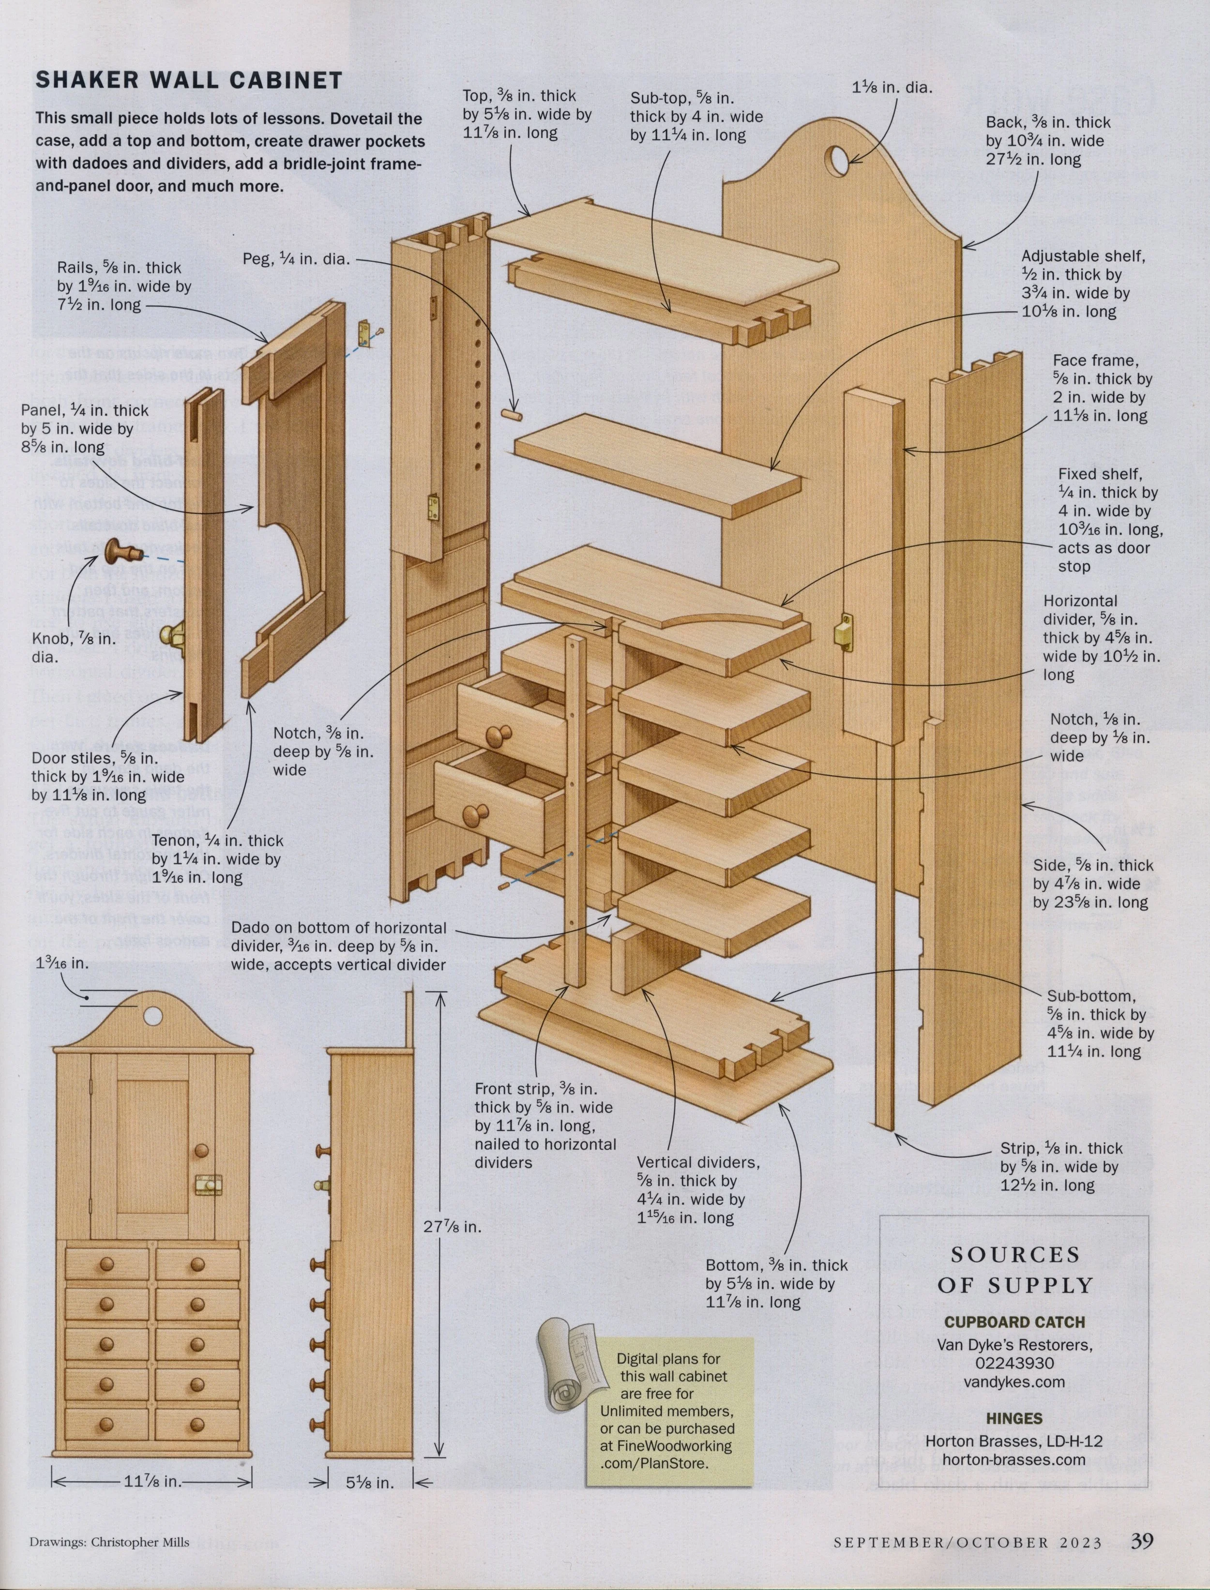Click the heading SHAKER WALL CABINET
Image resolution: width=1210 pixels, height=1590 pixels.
coord(189,80)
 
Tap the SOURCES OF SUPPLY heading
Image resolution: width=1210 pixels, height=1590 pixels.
coord(1015,1270)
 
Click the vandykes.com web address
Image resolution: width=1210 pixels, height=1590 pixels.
coord(1014,1382)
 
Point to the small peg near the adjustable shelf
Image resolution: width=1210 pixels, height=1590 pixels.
coord(512,416)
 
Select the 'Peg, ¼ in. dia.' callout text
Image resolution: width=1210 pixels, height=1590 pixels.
coord(296,258)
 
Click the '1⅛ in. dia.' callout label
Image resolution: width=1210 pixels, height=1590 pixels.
coord(892,88)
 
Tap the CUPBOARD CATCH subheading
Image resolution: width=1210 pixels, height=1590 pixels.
coord(1014,1322)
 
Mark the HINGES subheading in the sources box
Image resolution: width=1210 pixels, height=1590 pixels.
coord(1014,1419)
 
